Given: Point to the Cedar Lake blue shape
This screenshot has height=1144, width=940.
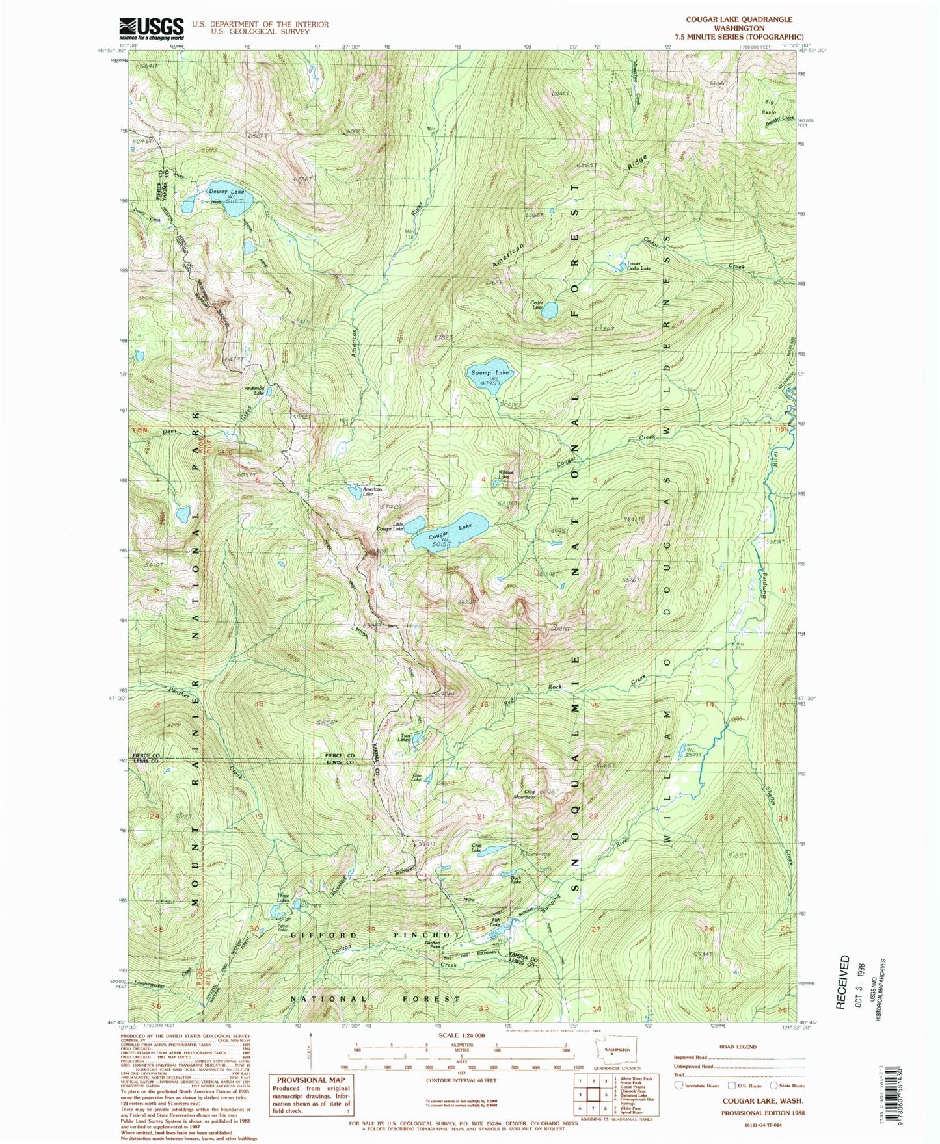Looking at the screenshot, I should [550, 310].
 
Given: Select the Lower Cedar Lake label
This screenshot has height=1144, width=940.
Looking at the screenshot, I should [638, 266].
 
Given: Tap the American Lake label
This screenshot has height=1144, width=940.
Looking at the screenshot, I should [372, 491].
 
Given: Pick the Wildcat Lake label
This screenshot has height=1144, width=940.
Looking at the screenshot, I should [506, 475].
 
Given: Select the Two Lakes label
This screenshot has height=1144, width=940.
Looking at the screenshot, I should [404, 738].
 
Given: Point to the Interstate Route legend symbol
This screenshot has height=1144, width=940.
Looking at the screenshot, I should [680, 1085].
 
